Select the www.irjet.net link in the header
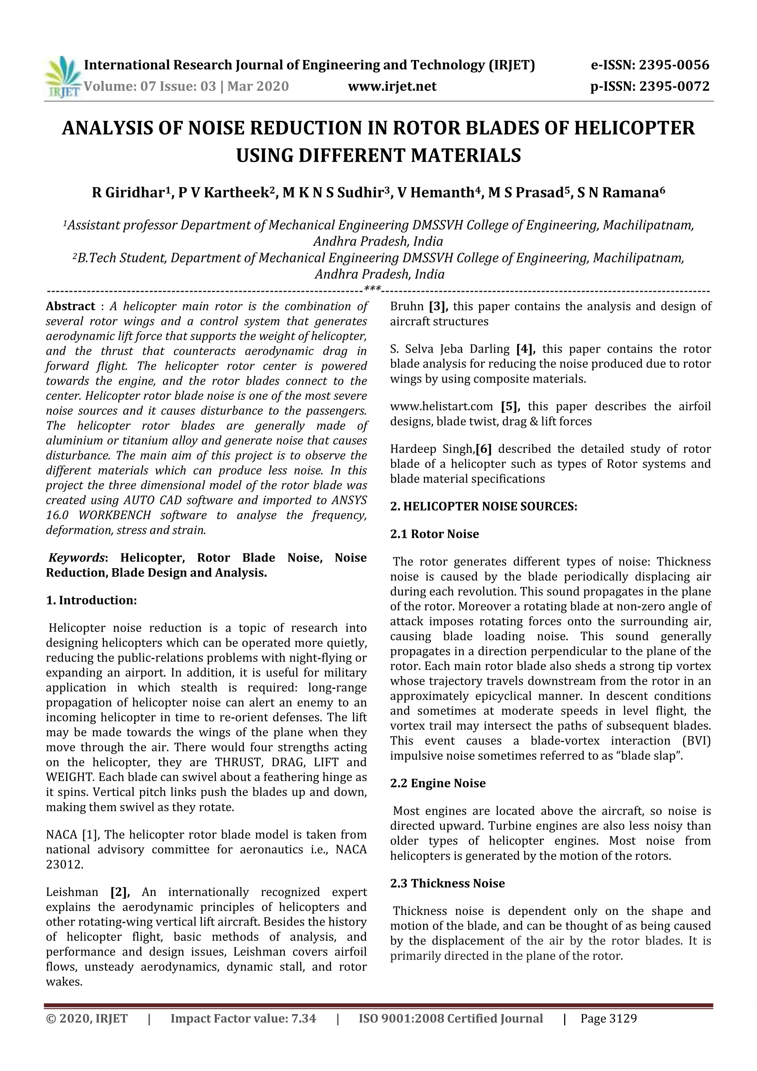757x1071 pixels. pyautogui.click(x=392, y=86)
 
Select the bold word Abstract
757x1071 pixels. pyautogui.click(x=70, y=306)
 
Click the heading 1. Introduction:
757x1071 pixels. pyautogui.click(x=91, y=600)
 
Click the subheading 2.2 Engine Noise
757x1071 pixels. pyautogui.click(x=438, y=783)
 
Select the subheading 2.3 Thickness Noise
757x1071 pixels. pyautogui.click(x=448, y=883)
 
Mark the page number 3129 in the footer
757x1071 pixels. pyautogui.click(x=623, y=1031)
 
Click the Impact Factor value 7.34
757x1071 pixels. pyautogui.click(x=304, y=1031)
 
